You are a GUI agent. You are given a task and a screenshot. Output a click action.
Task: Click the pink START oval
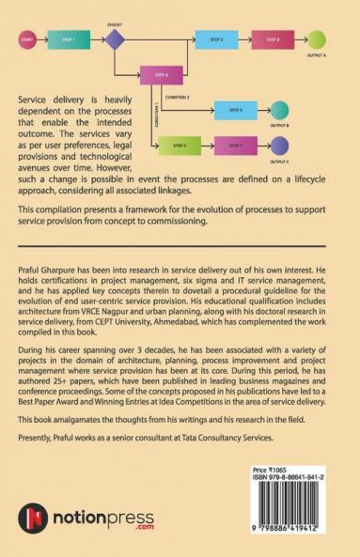pos(27,40)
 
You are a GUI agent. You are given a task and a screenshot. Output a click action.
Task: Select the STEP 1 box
pos(69,40)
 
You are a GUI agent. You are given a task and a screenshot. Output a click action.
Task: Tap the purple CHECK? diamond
pos(115,40)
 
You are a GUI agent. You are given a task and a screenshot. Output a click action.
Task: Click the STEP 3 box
pos(272,40)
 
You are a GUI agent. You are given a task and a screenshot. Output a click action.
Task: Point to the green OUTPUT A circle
pos(318,40)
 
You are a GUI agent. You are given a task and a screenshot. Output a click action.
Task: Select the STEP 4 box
pos(161,74)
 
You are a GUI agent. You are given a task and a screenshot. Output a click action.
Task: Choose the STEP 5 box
pos(235,109)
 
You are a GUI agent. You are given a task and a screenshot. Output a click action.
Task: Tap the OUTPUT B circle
pos(280,109)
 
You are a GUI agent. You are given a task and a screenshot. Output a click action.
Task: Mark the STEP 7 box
pos(235,146)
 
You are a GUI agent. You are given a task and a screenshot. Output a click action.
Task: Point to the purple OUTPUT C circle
pos(280,146)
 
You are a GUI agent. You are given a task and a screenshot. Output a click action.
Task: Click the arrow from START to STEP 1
pos(42,40)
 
